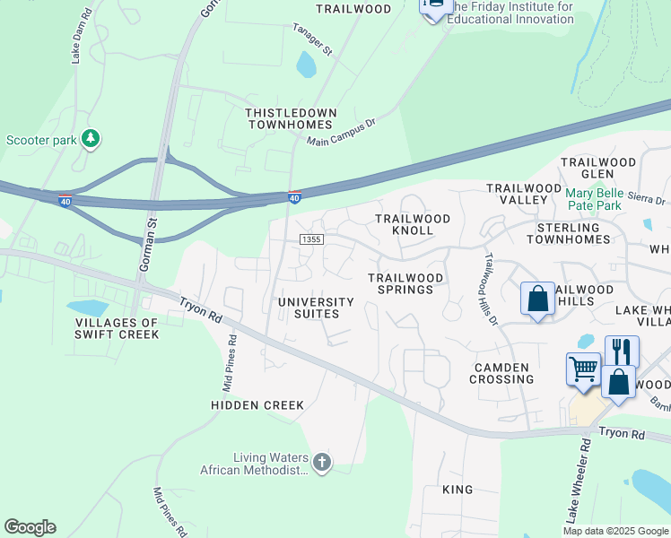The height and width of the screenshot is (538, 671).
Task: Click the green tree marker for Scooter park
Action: [90, 139]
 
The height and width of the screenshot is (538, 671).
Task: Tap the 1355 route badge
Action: [311, 239]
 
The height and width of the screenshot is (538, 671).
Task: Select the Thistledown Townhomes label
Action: [292, 118]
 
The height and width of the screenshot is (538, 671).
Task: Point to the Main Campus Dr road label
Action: [340, 135]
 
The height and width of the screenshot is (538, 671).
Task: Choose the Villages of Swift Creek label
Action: [117, 328]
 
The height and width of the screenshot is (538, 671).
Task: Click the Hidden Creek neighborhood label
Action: [257, 405]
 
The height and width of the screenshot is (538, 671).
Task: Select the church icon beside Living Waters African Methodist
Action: [321, 463]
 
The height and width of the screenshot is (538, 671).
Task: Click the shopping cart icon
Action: [583, 369]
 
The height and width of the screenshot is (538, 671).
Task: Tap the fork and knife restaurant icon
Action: [621, 349]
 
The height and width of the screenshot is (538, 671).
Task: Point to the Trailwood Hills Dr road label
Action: [491, 288]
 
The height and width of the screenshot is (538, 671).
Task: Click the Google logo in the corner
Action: [30, 527]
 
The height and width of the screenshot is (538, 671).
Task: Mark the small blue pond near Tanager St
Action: [307, 64]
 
